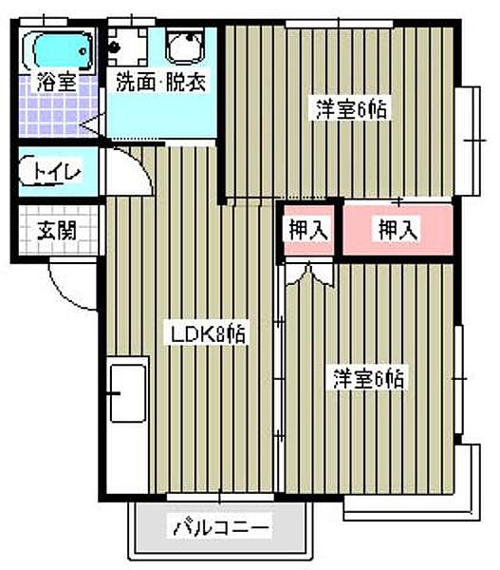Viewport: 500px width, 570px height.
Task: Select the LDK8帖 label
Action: (x=209, y=334)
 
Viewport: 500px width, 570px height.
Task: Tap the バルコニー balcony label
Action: (x=222, y=525)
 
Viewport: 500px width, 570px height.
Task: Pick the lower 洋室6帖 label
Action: (x=369, y=378)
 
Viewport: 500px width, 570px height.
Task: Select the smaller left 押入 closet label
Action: (x=306, y=229)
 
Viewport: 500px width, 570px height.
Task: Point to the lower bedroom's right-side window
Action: (x=462, y=380)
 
